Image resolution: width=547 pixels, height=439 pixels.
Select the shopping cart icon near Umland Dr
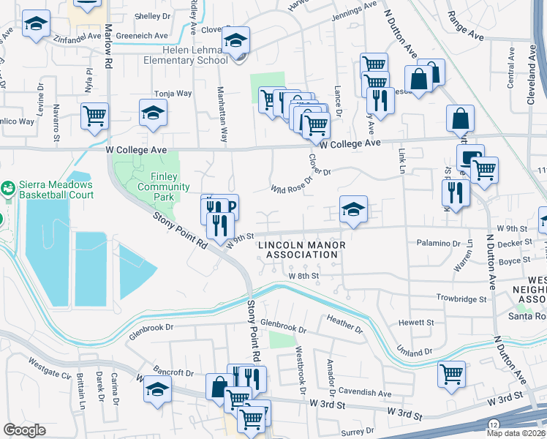click(451, 374)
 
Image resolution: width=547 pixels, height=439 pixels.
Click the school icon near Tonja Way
click(153, 113)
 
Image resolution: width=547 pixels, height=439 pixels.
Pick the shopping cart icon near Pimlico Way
click(95, 116)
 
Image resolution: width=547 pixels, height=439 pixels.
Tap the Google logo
click(24, 430)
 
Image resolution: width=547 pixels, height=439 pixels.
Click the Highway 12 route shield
click(495, 424)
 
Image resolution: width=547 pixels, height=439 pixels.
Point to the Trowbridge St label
click(461, 299)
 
